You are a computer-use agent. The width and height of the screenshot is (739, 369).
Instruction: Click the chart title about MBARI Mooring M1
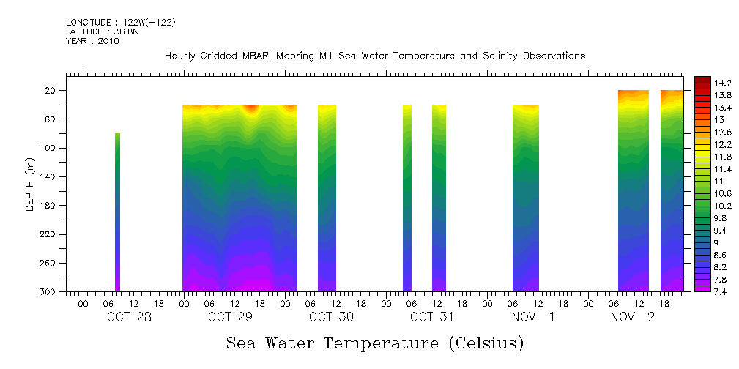point(375,56)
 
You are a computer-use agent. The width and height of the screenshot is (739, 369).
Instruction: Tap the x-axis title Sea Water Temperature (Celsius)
point(375,343)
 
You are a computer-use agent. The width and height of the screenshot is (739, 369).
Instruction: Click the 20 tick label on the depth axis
point(52,91)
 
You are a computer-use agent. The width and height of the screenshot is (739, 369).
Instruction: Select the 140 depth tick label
point(49,177)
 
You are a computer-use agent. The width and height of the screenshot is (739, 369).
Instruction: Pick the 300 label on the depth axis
point(49,292)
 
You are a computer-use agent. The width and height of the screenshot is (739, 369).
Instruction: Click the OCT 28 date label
point(129,317)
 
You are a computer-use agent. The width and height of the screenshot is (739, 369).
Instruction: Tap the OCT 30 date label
point(331,317)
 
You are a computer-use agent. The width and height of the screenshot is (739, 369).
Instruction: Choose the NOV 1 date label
point(533,317)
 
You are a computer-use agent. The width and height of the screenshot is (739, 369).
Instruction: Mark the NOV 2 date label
point(634,317)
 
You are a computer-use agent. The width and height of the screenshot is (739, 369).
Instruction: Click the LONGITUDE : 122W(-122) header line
point(120,23)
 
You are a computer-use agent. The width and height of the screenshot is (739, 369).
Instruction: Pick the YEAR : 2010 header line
point(92,41)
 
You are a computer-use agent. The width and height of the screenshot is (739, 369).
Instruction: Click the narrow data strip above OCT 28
point(117,212)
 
